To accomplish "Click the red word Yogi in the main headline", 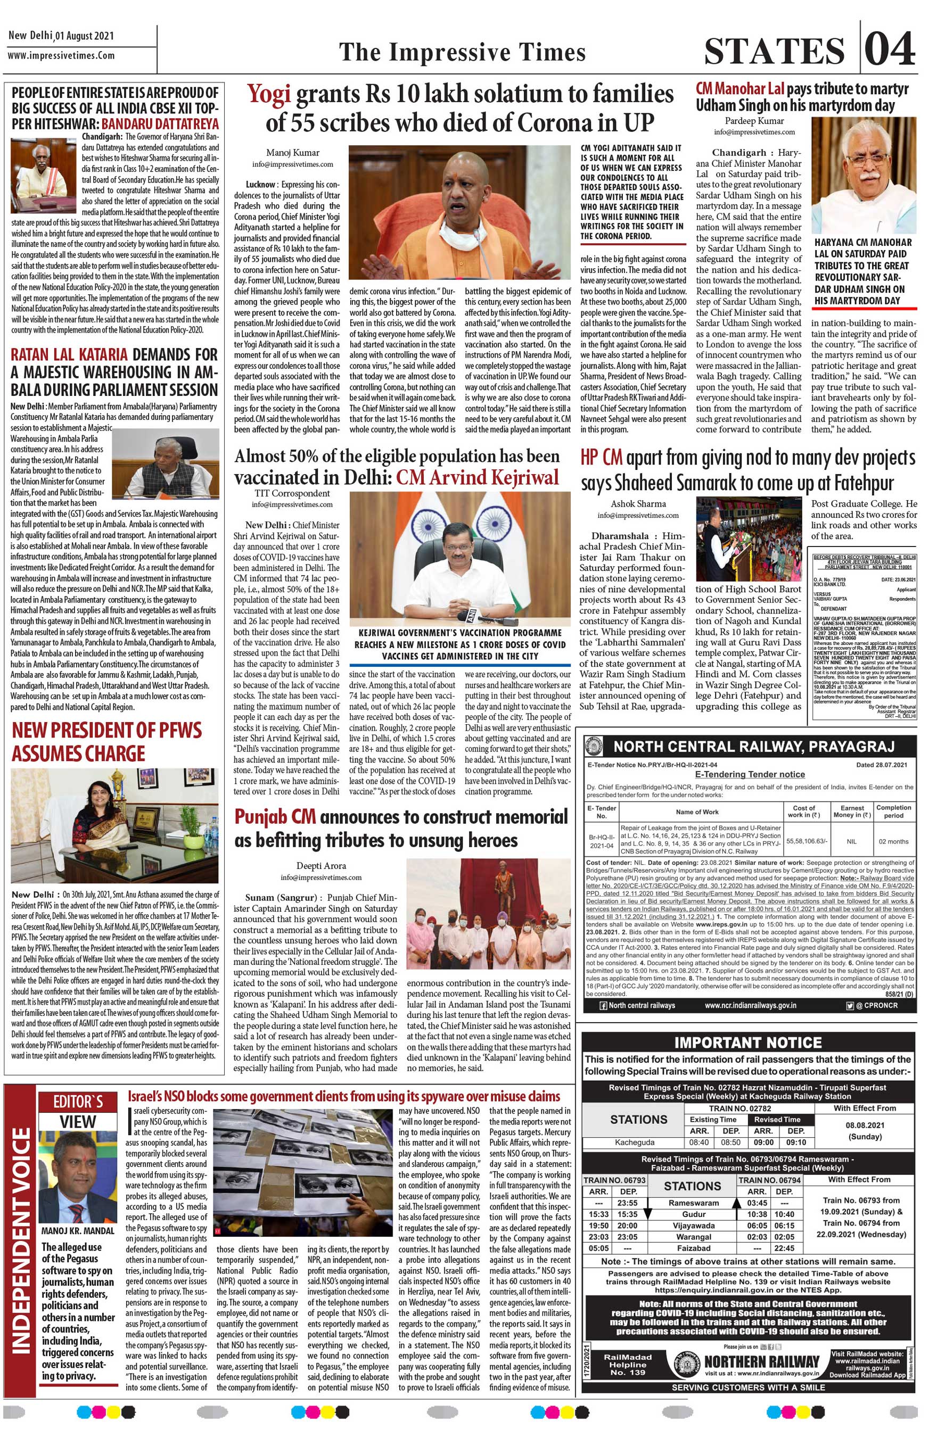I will click(269, 94).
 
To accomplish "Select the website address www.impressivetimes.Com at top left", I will click(61, 56).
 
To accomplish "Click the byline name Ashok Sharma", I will click(638, 504).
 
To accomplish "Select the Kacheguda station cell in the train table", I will click(634, 1142).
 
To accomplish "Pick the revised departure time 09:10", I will click(795, 1142).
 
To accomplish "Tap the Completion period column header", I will click(893, 811).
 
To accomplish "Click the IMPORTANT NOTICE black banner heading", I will click(748, 1042).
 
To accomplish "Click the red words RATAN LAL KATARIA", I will click(69, 354).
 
